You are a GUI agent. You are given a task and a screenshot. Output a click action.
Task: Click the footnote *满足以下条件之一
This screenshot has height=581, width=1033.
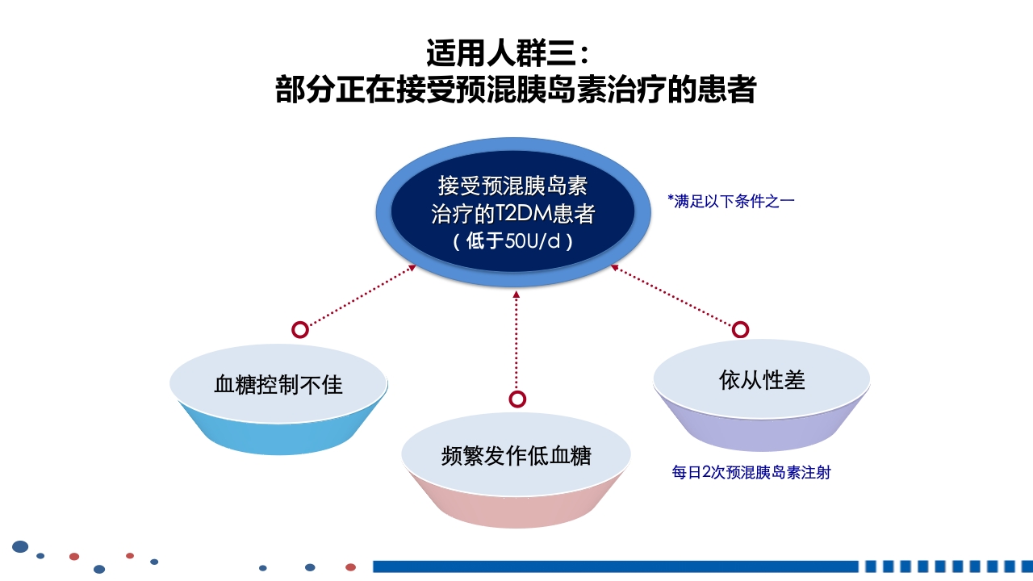pyautogui.click(x=731, y=201)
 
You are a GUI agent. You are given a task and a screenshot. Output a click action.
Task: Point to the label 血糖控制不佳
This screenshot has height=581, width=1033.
pyautogui.click(x=278, y=384)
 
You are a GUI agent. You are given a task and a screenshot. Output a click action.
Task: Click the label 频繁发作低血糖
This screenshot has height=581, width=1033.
pyautogui.click(x=516, y=456)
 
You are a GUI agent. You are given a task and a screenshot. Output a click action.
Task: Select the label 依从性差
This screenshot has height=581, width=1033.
pyautogui.click(x=762, y=379)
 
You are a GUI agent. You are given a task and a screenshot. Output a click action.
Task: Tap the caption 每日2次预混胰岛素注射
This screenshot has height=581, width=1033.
pyautogui.click(x=751, y=473)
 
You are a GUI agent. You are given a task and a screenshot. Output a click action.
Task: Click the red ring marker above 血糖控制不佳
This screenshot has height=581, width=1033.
pyautogui.click(x=300, y=329)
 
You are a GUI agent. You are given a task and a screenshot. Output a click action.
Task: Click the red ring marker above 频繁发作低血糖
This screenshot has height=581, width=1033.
pyautogui.click(x=517, y=399)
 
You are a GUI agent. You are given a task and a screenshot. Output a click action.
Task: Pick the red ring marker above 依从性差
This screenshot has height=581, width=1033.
pyautogui.click(x=740, y=329)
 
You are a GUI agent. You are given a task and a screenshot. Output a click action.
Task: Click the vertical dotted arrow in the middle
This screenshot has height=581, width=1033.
pyautogui.click(x=517, y=343)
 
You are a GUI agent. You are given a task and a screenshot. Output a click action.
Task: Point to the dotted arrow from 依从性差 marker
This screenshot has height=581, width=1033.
pyautogui.click(x=674, y=296)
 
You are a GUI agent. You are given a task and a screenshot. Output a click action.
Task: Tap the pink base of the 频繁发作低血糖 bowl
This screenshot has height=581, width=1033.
pyautogui.click(x=516, y=509)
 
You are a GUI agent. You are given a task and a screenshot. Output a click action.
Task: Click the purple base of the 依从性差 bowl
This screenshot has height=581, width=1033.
pyautogui.click(x=762, y=433)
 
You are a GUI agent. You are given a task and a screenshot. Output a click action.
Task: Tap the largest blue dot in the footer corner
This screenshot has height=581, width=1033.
pyautogui.click(x=20, y=546)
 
